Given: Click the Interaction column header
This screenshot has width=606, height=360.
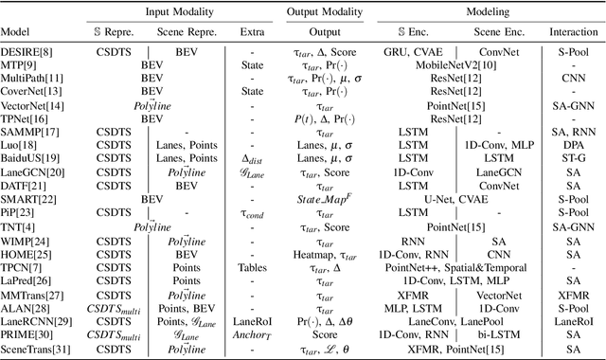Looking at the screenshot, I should pyautogui.click(x=573, y=30).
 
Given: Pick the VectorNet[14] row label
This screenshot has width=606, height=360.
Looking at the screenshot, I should pyautogui.click(x=30, y=107).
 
